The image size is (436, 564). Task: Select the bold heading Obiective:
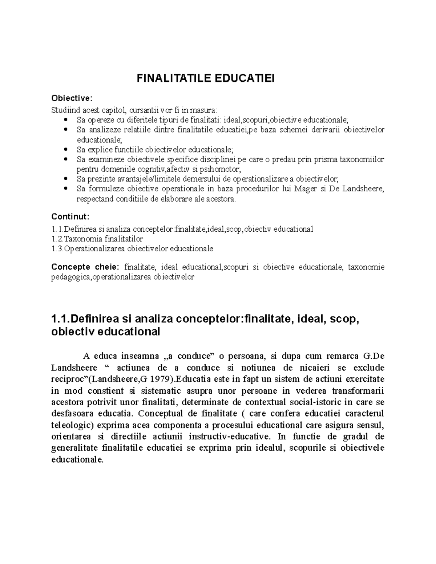coord(72,98)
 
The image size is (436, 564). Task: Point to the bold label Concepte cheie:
coord(85,267)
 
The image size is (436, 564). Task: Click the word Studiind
coord(65,110)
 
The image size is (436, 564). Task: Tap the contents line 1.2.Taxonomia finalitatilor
coord(97,239)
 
